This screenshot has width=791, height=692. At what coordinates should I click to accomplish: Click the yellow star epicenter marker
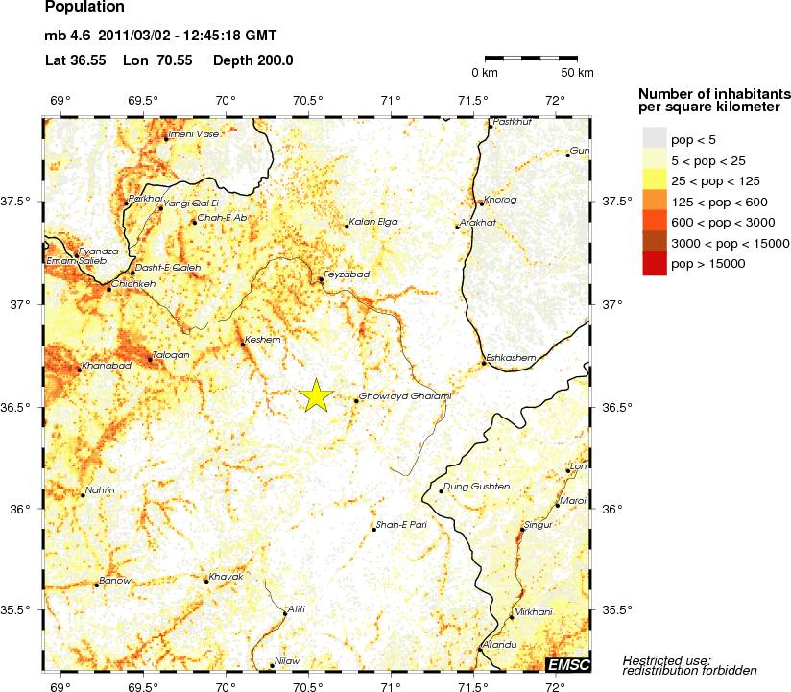coord(315,395)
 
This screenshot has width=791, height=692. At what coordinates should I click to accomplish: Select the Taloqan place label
coord(173,355)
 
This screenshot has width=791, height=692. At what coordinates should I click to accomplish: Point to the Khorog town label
coord(502,200)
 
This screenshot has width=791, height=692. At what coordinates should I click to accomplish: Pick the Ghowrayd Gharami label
coord(404,396)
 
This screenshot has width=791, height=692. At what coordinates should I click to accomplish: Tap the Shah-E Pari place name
coord(402,525)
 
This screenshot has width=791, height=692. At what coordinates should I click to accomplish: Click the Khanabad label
coord(106,366)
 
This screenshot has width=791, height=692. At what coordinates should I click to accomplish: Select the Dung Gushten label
coord(476,488)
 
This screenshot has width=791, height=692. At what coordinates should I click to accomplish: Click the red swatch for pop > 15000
coord(654,263)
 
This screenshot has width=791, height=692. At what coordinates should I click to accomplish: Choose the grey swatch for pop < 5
coord(654,140)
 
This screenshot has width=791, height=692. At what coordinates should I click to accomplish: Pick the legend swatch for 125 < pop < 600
coord(654,202)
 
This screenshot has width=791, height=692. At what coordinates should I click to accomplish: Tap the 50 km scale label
coord(577,73)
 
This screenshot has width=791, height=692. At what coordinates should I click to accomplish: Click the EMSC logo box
coord(567,664)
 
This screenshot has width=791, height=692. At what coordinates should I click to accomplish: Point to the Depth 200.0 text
coord(252,60)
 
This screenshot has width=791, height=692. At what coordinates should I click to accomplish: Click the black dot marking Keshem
coord(242,343)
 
